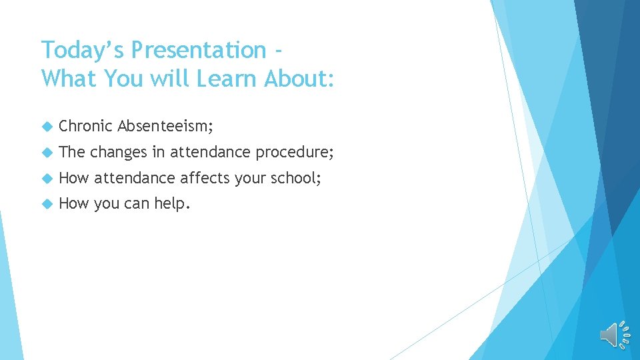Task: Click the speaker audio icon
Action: tap(614, 335)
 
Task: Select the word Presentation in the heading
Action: tap(199, 50)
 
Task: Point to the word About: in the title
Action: tap(299, 78)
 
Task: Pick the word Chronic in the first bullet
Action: tap(85, 126)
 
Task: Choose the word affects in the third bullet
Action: tap(205, 178)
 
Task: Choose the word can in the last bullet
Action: tap(137, 203)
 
